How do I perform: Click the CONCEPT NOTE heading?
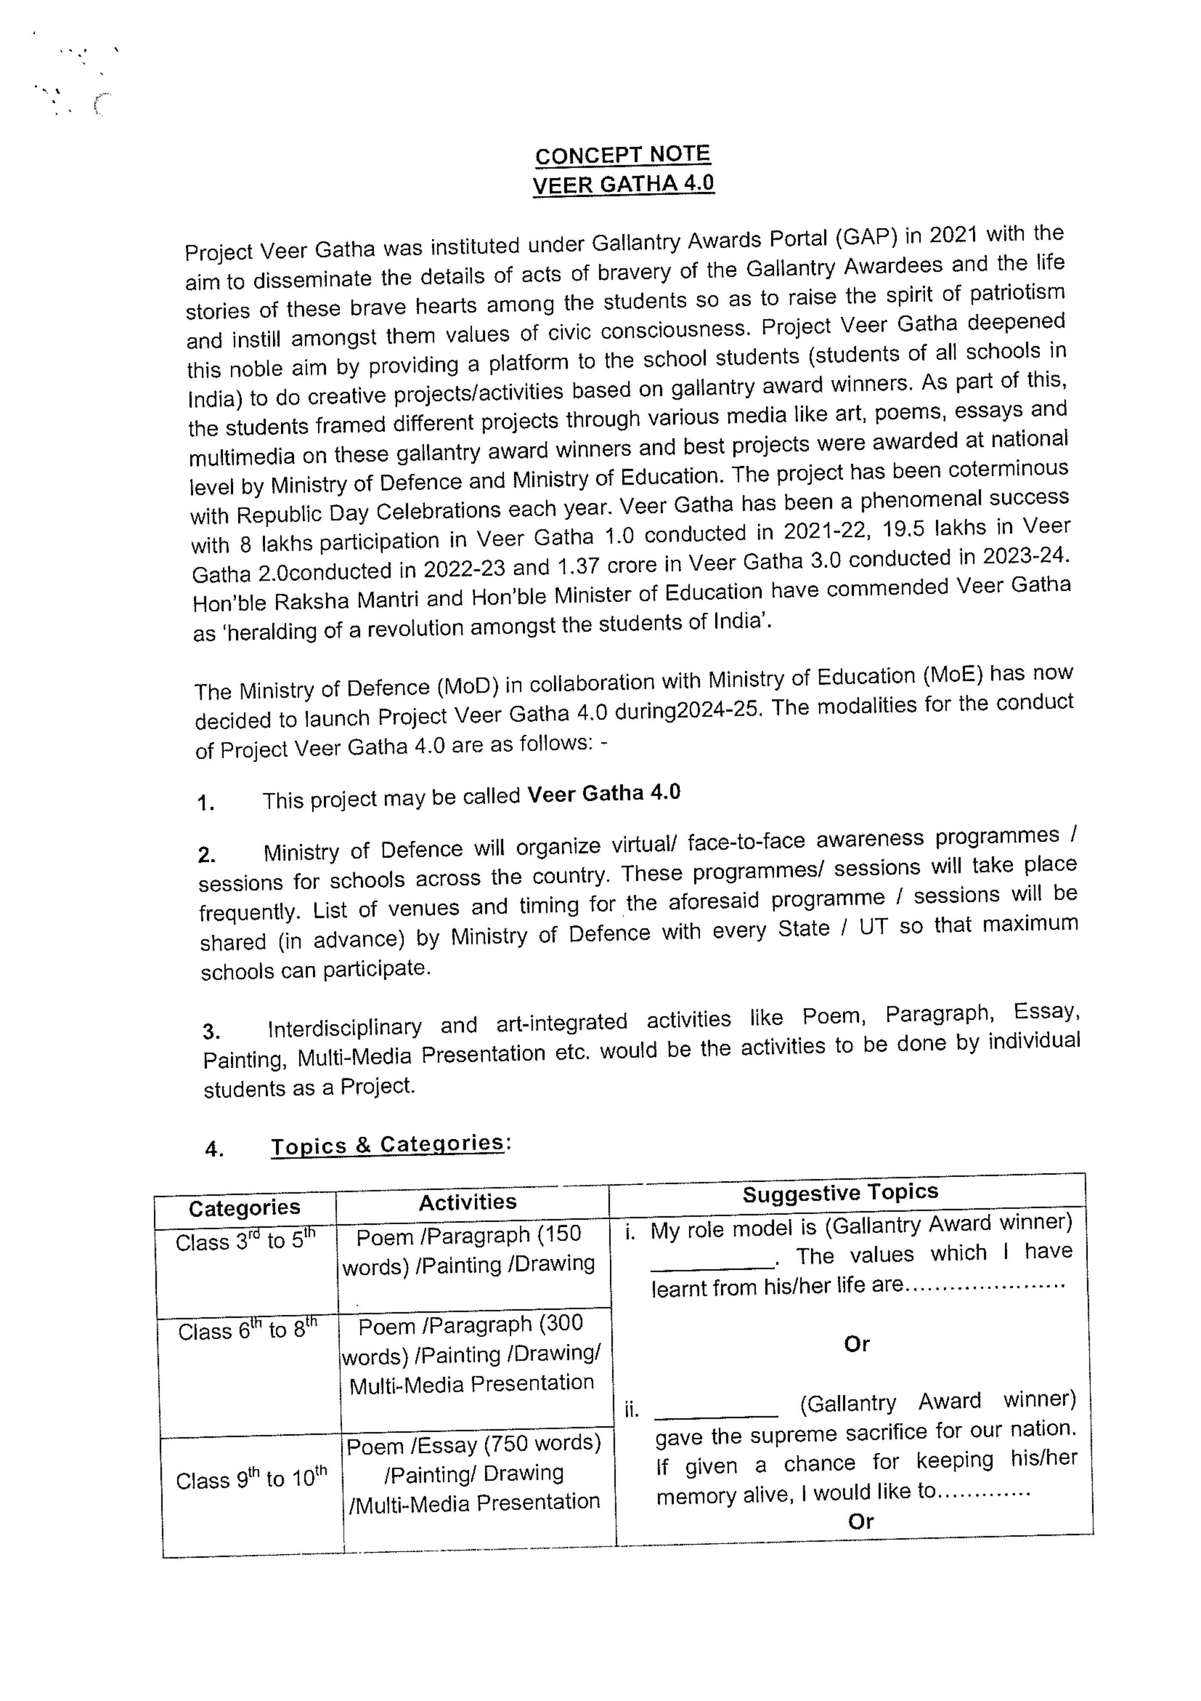click(x=622, y=155)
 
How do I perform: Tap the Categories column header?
click(x=244, y=1208)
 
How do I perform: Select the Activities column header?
click(x=467, y=1202)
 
